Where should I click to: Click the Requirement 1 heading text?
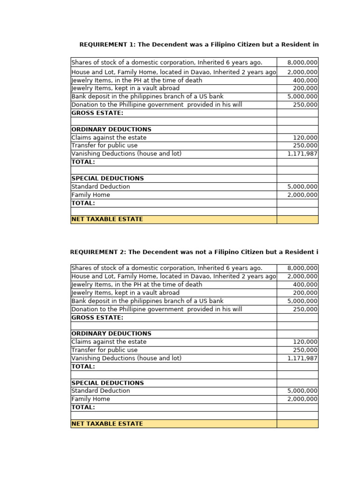[199, 45]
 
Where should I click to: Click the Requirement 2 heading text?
[194, 252]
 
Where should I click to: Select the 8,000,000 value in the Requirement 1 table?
[302, 63]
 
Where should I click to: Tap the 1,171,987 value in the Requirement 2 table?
[302, 358]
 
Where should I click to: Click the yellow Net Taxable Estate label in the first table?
[107, 219]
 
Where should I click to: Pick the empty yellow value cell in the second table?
[297, 424]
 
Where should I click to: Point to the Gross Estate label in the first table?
[97, 113]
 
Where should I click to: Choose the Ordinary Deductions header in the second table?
[111, 334]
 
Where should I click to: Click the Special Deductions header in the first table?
[107, 179]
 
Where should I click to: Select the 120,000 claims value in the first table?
[305, 138]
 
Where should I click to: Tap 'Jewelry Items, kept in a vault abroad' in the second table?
[125, 293]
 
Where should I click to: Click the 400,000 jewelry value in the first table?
[305, 80]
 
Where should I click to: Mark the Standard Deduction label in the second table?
[101, 391]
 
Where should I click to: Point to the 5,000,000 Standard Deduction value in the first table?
[302, 187]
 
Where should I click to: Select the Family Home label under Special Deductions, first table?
[91, 195]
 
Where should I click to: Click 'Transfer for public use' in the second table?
[105, 350]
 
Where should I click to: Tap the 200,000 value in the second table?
[305, 293]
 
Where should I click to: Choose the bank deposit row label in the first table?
[147, 97]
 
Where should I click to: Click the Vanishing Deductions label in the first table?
[126, 154]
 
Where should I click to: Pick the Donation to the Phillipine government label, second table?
[157, 309]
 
